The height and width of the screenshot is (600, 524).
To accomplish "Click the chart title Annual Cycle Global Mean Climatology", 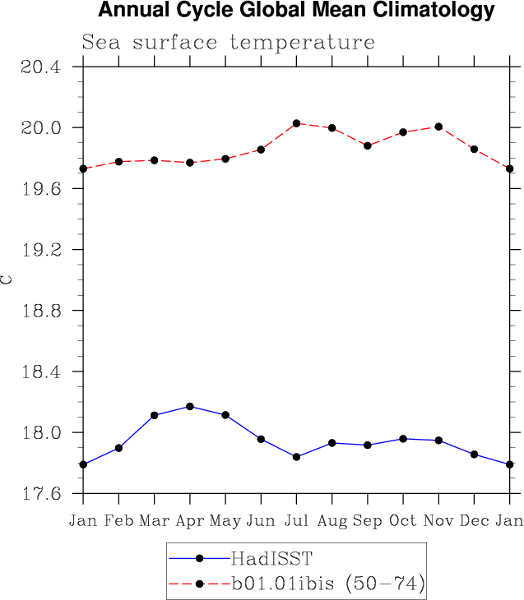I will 296,12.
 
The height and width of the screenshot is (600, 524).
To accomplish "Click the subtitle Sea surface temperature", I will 228,43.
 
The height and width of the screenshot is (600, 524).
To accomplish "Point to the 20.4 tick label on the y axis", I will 41,67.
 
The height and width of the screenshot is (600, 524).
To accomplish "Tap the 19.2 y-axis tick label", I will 41,250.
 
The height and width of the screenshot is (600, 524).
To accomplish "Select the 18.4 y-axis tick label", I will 41,372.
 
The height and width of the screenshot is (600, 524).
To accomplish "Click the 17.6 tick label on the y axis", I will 41,494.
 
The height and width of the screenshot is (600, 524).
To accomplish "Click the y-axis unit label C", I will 7,279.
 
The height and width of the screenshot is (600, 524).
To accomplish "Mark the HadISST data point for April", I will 190,406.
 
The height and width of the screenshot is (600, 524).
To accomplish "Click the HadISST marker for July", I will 296,457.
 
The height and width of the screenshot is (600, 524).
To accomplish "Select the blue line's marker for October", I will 403,439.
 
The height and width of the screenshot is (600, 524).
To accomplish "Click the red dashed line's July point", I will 296,123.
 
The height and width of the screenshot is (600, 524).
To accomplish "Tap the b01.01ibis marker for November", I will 438,127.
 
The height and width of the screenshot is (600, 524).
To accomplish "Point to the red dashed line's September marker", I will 368,145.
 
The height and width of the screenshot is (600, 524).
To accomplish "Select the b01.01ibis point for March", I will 154,160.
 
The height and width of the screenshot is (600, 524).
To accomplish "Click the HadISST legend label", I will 271,559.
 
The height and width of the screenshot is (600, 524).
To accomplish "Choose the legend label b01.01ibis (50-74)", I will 327,584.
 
